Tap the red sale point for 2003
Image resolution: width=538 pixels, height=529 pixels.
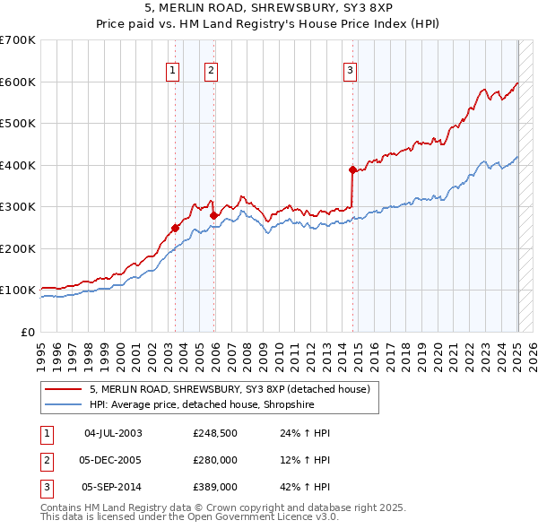coord(176,228)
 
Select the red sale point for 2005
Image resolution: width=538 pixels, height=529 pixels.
coord(214,215)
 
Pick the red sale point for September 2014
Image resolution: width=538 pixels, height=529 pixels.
coord(352,169)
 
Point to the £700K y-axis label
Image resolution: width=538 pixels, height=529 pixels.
coord(18,40)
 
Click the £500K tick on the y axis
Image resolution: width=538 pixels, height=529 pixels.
coord(18,124)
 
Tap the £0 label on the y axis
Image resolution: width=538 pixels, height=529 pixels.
coord(27,332)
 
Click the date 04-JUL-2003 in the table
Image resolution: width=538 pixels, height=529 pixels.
coord(113,433)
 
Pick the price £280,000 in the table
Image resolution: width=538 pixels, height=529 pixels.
coord(215,460)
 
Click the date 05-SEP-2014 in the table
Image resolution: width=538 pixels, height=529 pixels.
coord(113,487)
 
